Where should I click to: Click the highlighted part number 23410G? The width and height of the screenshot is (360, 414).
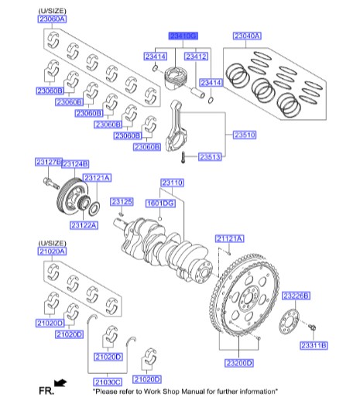coord(184,36)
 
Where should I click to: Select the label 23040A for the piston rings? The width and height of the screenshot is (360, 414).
coord(247,36)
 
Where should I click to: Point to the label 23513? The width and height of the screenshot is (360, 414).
coord(210,157)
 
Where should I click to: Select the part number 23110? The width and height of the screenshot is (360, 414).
coord(172,183)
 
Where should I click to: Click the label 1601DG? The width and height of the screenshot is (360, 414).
coord(161,203)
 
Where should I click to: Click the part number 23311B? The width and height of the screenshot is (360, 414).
coord(313,344)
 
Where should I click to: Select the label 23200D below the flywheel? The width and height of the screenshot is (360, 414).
coord(238,362)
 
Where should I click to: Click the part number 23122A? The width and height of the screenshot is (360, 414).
coord(84,225)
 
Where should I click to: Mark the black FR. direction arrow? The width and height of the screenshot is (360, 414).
coord(60,382)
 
